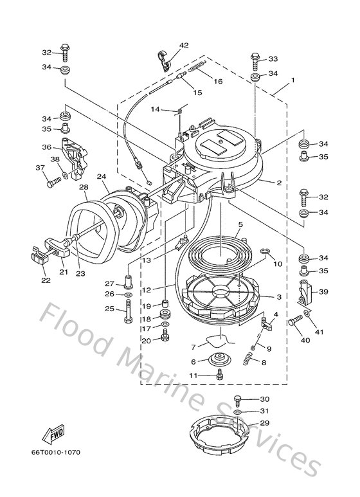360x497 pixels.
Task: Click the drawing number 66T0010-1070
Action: (57, 451)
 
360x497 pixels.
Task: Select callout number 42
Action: (184, 45)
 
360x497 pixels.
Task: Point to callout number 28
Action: (84, 188)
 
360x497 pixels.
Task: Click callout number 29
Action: (265, 424)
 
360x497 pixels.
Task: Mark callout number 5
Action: (240, 224)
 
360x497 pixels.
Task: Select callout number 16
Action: (218, 81)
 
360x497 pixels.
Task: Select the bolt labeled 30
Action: (238, 400)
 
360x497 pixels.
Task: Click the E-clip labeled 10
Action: (266, 251)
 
